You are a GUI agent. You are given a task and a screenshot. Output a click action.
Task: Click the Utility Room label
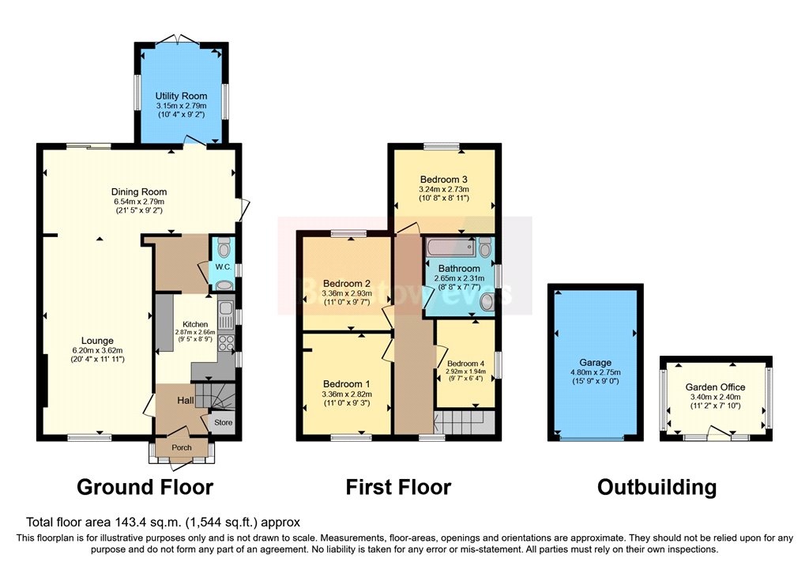coord(182,96)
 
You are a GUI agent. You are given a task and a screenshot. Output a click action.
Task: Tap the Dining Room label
coord(139,191)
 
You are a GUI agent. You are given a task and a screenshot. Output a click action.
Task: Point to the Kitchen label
coord(195,324)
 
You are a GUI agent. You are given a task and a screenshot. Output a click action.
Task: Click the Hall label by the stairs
coord(186,402)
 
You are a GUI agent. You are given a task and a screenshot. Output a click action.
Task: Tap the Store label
coord(224,423)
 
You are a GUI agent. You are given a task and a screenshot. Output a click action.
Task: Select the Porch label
coord(182,447)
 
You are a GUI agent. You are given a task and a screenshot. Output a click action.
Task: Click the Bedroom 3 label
coord(445,179)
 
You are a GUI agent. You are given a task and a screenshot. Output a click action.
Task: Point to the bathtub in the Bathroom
coord(451,248)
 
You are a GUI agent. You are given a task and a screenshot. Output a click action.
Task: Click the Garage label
coord(596,363)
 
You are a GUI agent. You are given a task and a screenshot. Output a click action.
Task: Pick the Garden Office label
coord(717,387)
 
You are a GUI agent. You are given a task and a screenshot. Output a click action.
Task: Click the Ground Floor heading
coord(145,487)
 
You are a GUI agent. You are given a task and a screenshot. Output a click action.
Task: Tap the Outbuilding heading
coord(657,487)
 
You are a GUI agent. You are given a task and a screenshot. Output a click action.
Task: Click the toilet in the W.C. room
coord(225,249)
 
